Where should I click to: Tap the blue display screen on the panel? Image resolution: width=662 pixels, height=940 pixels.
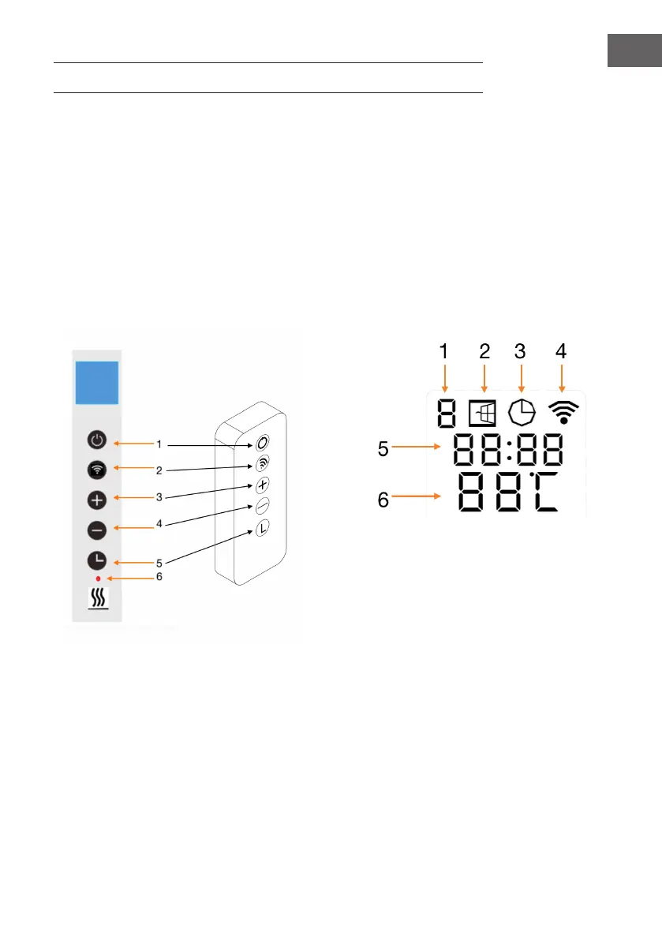tap(97, 384)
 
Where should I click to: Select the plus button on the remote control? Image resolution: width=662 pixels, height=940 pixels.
tap(262, 485)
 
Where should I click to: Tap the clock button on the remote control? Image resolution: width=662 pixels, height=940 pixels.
tap(262, 530)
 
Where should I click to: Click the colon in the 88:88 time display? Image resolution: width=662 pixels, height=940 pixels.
tap(508, 451)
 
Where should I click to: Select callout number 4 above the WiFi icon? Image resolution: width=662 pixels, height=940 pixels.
tap(561, 352)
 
